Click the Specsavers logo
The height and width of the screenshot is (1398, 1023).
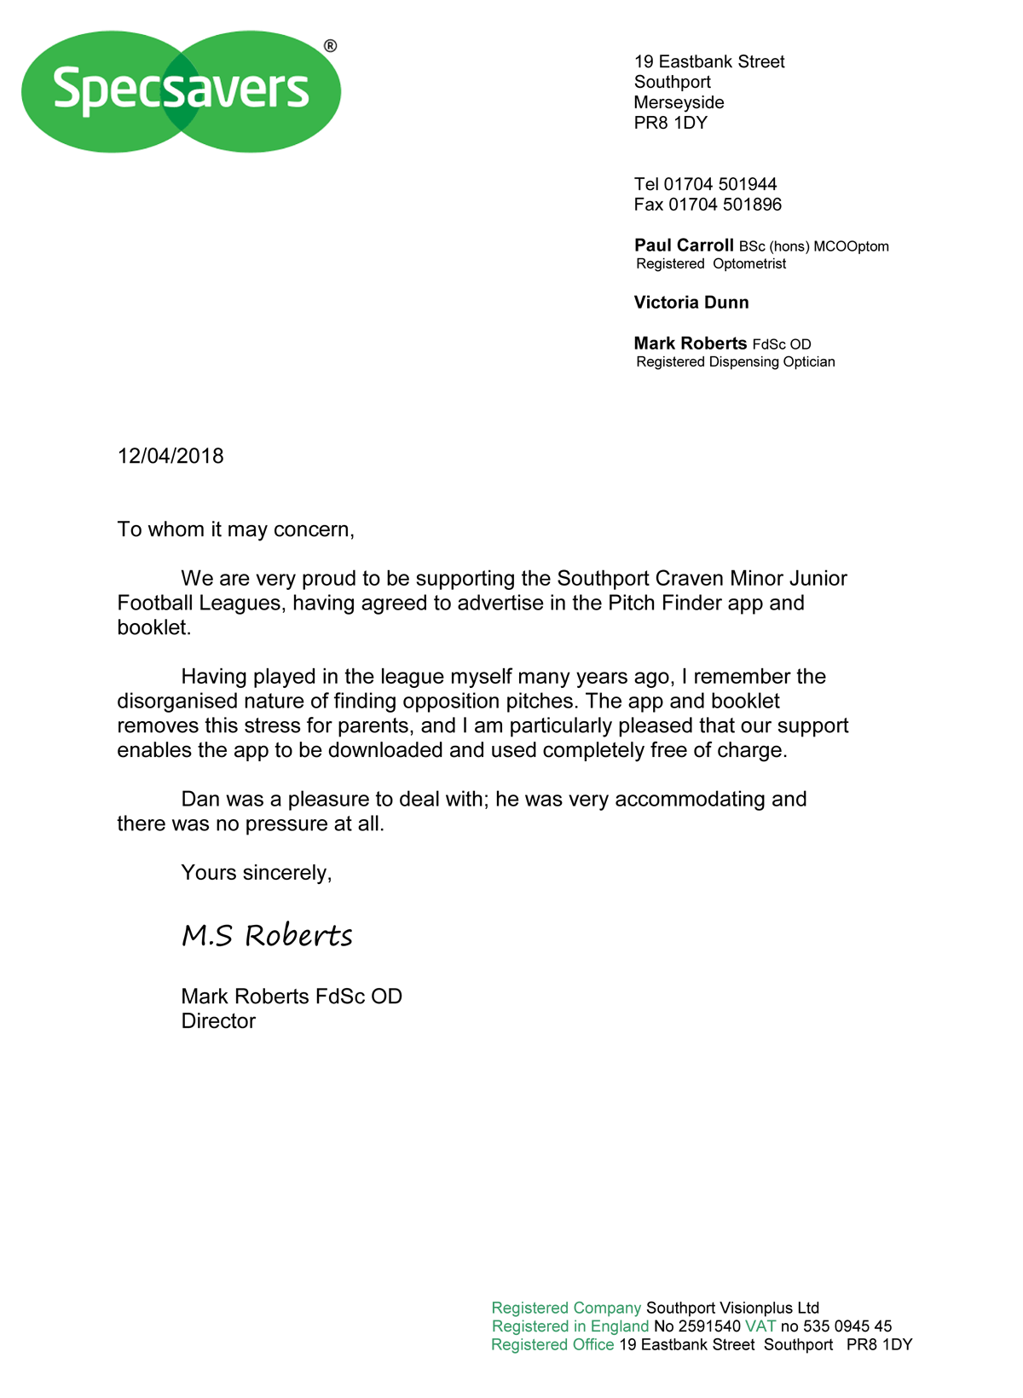point(181,91)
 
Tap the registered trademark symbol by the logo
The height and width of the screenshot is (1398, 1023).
point(331,46)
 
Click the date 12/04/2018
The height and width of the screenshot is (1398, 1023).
point(170,456)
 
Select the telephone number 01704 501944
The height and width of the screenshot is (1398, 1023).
point(720,184)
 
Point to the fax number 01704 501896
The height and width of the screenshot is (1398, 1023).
point(725,205)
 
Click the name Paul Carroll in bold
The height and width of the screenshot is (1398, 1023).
point(684,246)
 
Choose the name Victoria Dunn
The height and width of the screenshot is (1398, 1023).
point(691,303)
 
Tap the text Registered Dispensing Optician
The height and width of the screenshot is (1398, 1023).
point(736,362)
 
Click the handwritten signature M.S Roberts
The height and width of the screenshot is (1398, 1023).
point(267,935)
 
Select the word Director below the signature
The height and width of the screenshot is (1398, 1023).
point(218,1021)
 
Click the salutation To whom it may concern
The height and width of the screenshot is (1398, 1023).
point(235,529)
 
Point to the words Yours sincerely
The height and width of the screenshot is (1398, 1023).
point(256,873)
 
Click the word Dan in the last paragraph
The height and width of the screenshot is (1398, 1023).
point(200,800)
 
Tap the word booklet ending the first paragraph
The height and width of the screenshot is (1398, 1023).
point(153,628)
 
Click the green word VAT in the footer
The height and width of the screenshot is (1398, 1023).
point(760,1326)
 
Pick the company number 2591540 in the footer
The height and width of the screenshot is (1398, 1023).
point(709,1326)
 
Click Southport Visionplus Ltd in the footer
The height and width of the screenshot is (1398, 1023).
point(732,1308)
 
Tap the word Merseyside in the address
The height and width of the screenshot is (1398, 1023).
point(679,102)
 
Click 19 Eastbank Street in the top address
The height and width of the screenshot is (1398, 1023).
point(709,61)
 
